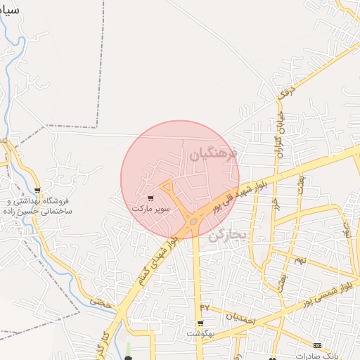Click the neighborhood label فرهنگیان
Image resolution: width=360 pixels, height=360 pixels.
click(214, 154)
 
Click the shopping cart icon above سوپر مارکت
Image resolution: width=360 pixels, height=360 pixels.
click(150, 198)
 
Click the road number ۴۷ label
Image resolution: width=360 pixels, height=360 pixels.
click(205, 307)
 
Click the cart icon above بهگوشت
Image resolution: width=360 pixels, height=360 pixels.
click(201, 324)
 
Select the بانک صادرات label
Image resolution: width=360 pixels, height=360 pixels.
click(313, 355)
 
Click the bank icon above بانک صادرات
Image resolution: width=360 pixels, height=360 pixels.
click(319, 345)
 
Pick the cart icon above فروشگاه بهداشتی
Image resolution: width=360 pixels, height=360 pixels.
click(37, 191)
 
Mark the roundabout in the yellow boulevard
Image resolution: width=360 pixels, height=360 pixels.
click(193, 221)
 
